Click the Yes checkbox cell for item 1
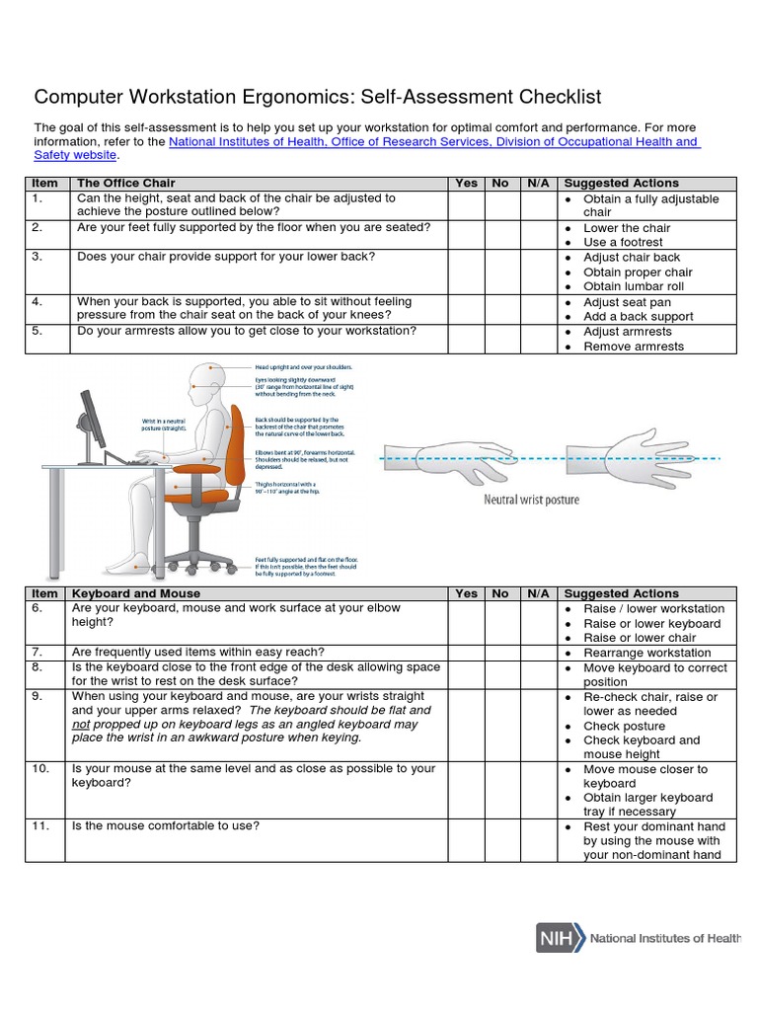pyautogui.click(x=466, y=205)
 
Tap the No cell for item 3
pyautogui.click(x=500, y=272)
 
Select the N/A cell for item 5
pyautogui.click(x=538, y=339)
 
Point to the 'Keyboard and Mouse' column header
pyautogui.click(x=136, y=593)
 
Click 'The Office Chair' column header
pyautogui.click(x=126, y=183)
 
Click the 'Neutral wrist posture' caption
pyautogui.click(x=531, y=500)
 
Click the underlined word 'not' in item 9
pyautogui.click(x=82, y=724)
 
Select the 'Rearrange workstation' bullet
pyautogui.click(x=646, y=653)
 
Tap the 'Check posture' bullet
pyautogui.click(x=624, y=726)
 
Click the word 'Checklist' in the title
pyautogui.click(x=551, y=97)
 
